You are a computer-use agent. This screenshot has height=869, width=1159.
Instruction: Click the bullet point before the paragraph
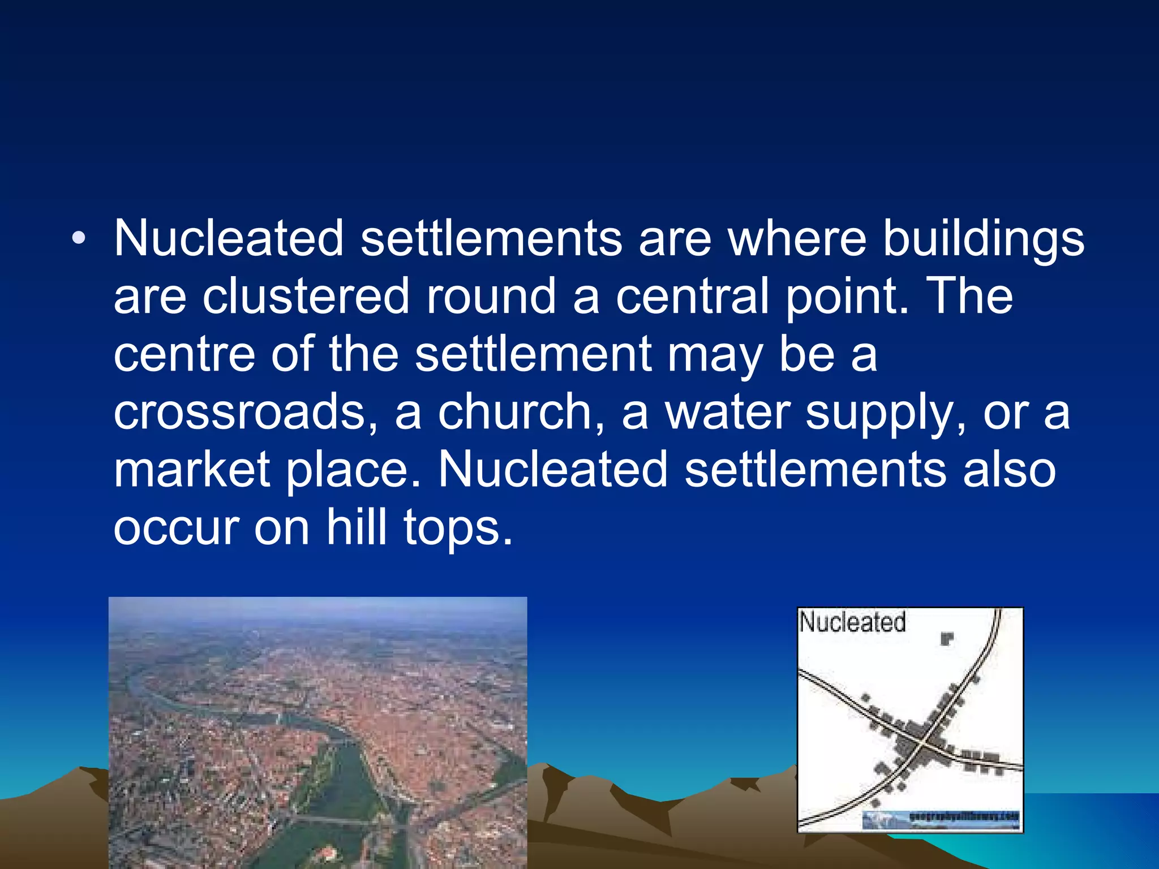pos(79,238)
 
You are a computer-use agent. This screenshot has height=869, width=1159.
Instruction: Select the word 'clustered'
pos(306,297)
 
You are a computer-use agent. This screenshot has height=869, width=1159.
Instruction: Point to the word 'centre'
pos(184,355)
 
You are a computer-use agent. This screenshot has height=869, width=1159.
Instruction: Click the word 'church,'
pos(521,413)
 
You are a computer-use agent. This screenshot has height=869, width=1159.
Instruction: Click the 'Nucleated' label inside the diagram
pos(852,622)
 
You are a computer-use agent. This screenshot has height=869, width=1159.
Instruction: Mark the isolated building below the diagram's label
pos(947,639)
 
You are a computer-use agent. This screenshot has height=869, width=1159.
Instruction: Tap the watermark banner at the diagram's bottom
pos(941,819)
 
